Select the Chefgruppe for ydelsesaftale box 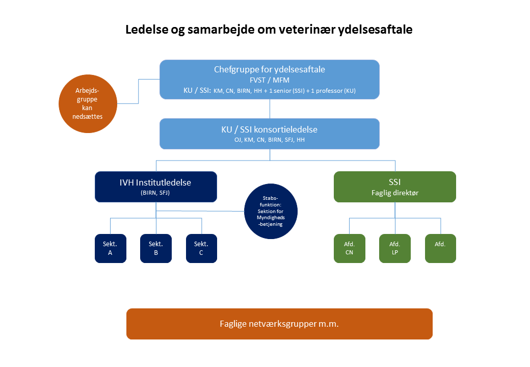tap(270, 79)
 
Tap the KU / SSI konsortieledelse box tap(270, 134)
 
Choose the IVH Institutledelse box tap(156, 186)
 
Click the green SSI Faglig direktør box tap(394, 186)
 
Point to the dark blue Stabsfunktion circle tap(270, 211)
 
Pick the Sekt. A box tap(110, 248)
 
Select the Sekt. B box tap(156, 248)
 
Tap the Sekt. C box tap(201, 248)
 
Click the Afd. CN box tap(349, 248)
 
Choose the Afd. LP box tap(394, 248)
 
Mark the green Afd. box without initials tap(440, 248)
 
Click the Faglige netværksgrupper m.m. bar tap(279, 324)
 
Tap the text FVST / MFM tap(270, 80)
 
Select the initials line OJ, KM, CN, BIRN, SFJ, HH tap(270, 139)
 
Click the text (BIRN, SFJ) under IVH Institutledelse tap(156, 192)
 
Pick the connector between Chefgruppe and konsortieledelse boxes tap(270, 109)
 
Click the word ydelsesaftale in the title tap(375, 30)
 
